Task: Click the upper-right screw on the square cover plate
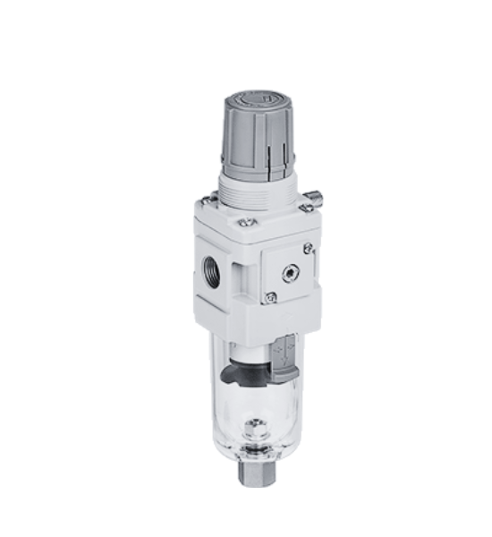coord(309,248)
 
